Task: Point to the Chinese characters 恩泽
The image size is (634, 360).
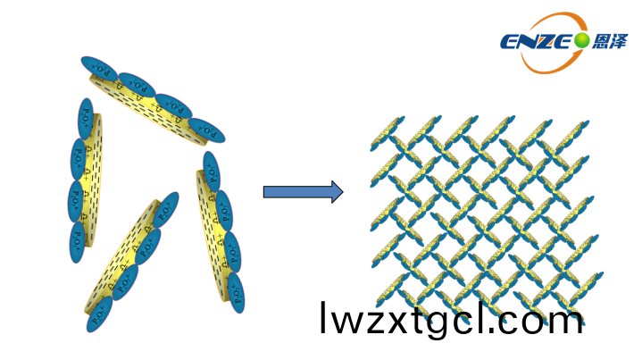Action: [x=609, y=40]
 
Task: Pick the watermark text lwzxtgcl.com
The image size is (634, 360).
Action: [x=451, y=320]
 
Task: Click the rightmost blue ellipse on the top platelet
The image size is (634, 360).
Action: [x=207, y=130]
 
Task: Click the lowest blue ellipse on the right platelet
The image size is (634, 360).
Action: [x=236, y=292]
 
